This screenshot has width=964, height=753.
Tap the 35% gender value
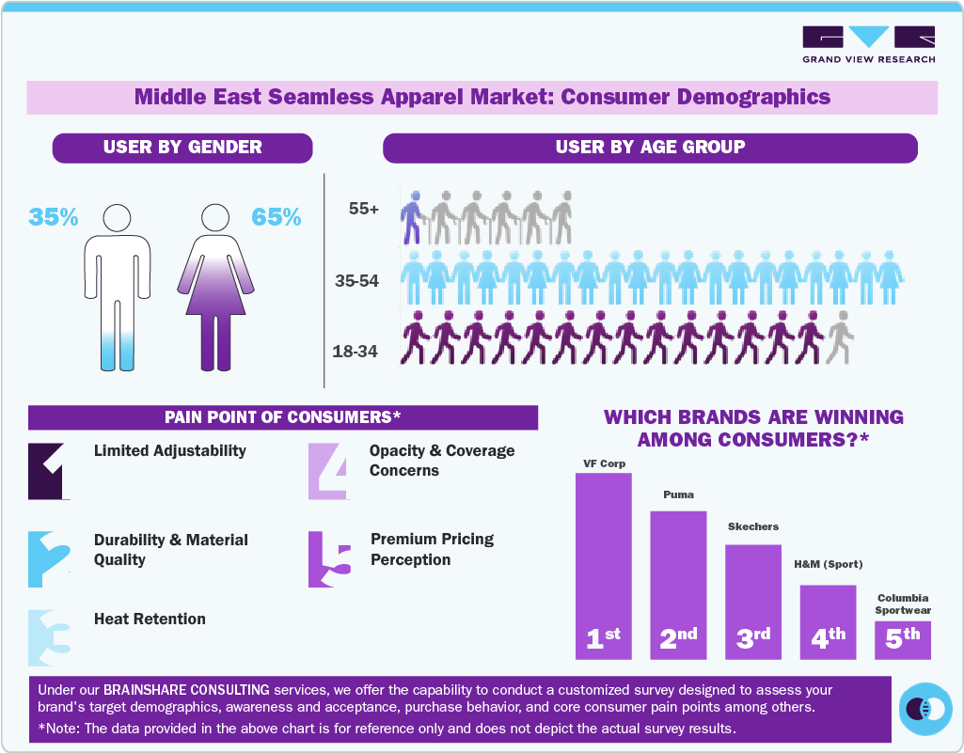tap(54, 217)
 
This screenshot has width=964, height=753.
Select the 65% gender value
tap(277, 217)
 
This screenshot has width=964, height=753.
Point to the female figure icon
tap(215, 287)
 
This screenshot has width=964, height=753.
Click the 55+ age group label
tap(363, 210)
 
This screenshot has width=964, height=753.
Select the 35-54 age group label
tap(356, 280)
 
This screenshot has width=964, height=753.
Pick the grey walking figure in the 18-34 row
tap(839, 337)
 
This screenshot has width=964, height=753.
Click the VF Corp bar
tap(603, 565)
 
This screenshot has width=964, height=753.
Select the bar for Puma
tap(678, 584)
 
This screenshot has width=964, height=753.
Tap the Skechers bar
tap(752, 601)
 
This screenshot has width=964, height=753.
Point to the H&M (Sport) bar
tap(828, 621)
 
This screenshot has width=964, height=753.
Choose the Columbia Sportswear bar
tap(902, 640)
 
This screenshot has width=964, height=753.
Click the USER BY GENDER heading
tap(182, 148)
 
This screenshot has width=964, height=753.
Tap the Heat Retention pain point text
tap(150, 619)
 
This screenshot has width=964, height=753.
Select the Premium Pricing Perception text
tap(432, 549)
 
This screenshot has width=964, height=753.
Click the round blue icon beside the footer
tap(925, 708)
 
